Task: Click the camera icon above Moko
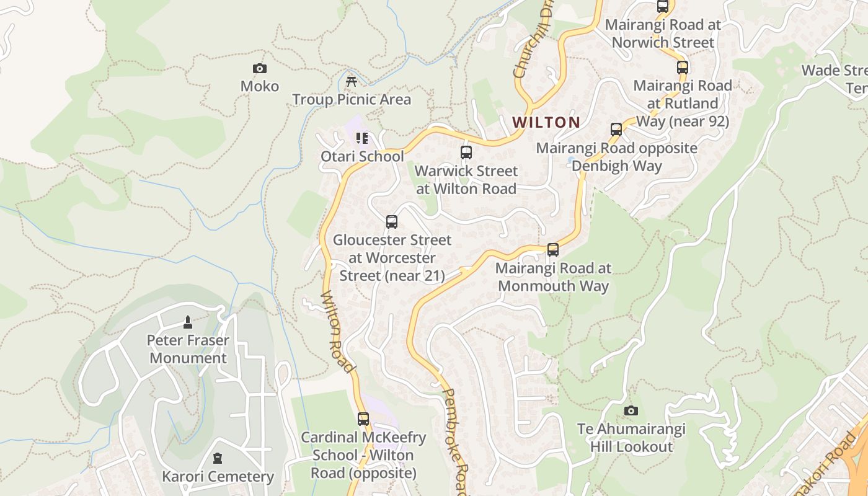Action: (x=260, y=68)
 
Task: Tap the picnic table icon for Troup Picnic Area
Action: (x=352, y=81)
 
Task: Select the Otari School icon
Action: (x=362, y=138)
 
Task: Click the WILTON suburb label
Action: (x=546, y=122)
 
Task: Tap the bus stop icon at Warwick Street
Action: (x=466, y=152)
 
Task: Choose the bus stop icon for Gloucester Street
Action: (x=391, y=221)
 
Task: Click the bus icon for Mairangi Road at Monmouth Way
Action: (x=552, y=250)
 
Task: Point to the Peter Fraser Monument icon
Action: (x=188, y=322)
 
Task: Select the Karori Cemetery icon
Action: (x=217, y=458)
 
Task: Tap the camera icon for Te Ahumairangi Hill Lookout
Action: (x=631, y=410)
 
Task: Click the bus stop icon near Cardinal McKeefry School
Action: (x=363, y=419)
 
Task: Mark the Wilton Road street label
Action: (x=339, y=332)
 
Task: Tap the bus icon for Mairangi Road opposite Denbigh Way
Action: (x=616, y=130)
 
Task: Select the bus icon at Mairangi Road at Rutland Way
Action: (x=682, y=67)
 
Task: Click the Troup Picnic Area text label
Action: (x=352, y=99)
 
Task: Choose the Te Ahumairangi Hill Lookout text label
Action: (x=631, y=438)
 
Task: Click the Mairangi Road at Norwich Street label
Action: (x=663, y=33)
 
